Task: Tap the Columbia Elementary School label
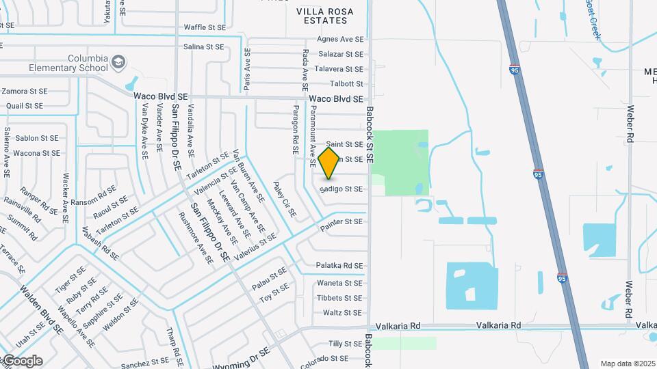tap(68, 64)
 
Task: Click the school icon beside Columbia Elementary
tap(119, 62)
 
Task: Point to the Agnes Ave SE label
tap(339, 39)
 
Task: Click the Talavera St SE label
tap(338, 69)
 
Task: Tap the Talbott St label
tap(346, 84)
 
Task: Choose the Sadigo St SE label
tap(341, 189)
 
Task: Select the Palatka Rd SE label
tap(339, 265)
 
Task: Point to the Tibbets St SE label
tap(339, 298)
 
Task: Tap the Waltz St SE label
tap(342, 313)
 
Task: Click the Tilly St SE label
tap(345, 344)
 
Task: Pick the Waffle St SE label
tap(204, 27)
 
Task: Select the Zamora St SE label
tap(25, 91)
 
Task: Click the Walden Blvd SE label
tap(42, 310)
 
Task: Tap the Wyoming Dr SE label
tap(241, 359)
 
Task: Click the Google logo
tap(22, 361)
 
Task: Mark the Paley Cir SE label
tap(285, 199)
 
